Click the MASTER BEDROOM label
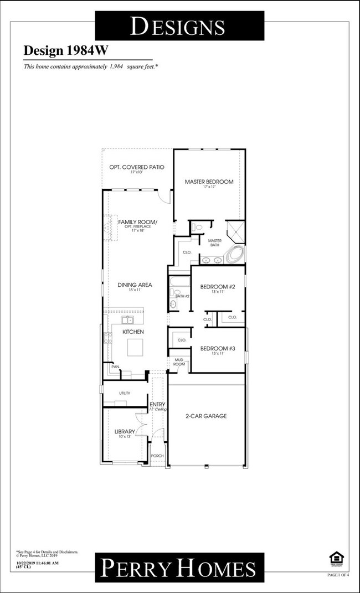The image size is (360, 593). [209, 182]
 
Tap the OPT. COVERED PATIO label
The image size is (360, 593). [137, 167]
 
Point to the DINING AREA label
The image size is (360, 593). [135, 285]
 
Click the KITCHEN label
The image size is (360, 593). [133, 332]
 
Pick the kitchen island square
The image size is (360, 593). [136, 348]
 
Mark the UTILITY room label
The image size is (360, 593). [124, 393]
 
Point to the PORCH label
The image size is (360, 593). [157, 456]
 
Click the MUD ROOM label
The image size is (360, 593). [179, 361]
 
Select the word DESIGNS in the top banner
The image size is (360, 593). [177, 26]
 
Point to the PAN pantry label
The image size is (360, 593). [115, 367]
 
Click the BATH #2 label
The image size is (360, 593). [183, 296]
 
